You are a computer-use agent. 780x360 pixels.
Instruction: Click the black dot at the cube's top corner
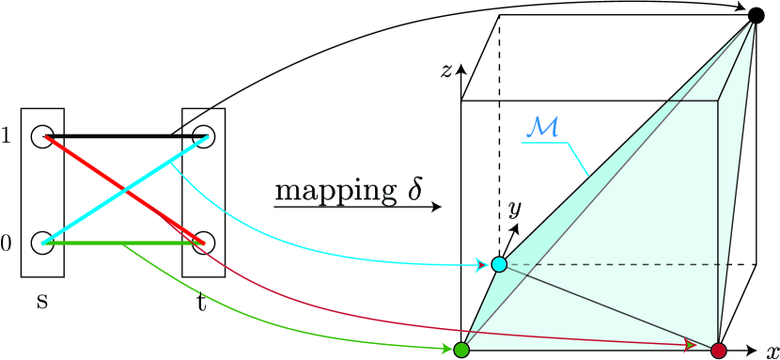[x=755, y=15]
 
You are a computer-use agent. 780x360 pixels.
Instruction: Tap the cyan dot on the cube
[x=499, y=265]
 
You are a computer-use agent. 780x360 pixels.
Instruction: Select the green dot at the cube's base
[x=461, y=351]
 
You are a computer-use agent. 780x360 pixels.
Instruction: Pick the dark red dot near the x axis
[x=719, y=351]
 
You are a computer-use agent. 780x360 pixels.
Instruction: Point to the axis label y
[x=514, y=209]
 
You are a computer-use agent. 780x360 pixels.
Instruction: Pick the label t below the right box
[x=204, y=303]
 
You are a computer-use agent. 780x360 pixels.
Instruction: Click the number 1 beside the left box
[x=8, y=135]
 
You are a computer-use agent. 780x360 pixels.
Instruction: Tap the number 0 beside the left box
[x=8, y=244]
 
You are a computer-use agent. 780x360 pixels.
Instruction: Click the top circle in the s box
[x=41, y=136]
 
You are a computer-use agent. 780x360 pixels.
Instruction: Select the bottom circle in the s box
[x=41, y=243]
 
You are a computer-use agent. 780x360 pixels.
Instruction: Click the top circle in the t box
[x=204, y=136]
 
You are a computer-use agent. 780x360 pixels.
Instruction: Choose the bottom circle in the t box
[x=204, y=243]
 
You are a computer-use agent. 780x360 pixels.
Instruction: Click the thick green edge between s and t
[x=122, y=244]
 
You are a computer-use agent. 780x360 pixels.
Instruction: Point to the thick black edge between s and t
[x=122, y=136]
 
